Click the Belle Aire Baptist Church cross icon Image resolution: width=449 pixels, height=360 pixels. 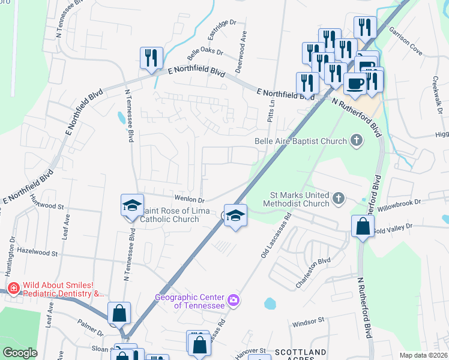(357, 141)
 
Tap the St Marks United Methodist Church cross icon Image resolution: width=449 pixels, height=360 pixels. (339, 199)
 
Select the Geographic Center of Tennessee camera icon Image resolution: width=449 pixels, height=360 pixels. (234, 299)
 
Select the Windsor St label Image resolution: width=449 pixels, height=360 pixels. (308, 323)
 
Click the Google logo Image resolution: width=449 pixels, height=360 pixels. (20, 353)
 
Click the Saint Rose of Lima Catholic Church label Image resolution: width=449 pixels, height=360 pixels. (169, 214)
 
